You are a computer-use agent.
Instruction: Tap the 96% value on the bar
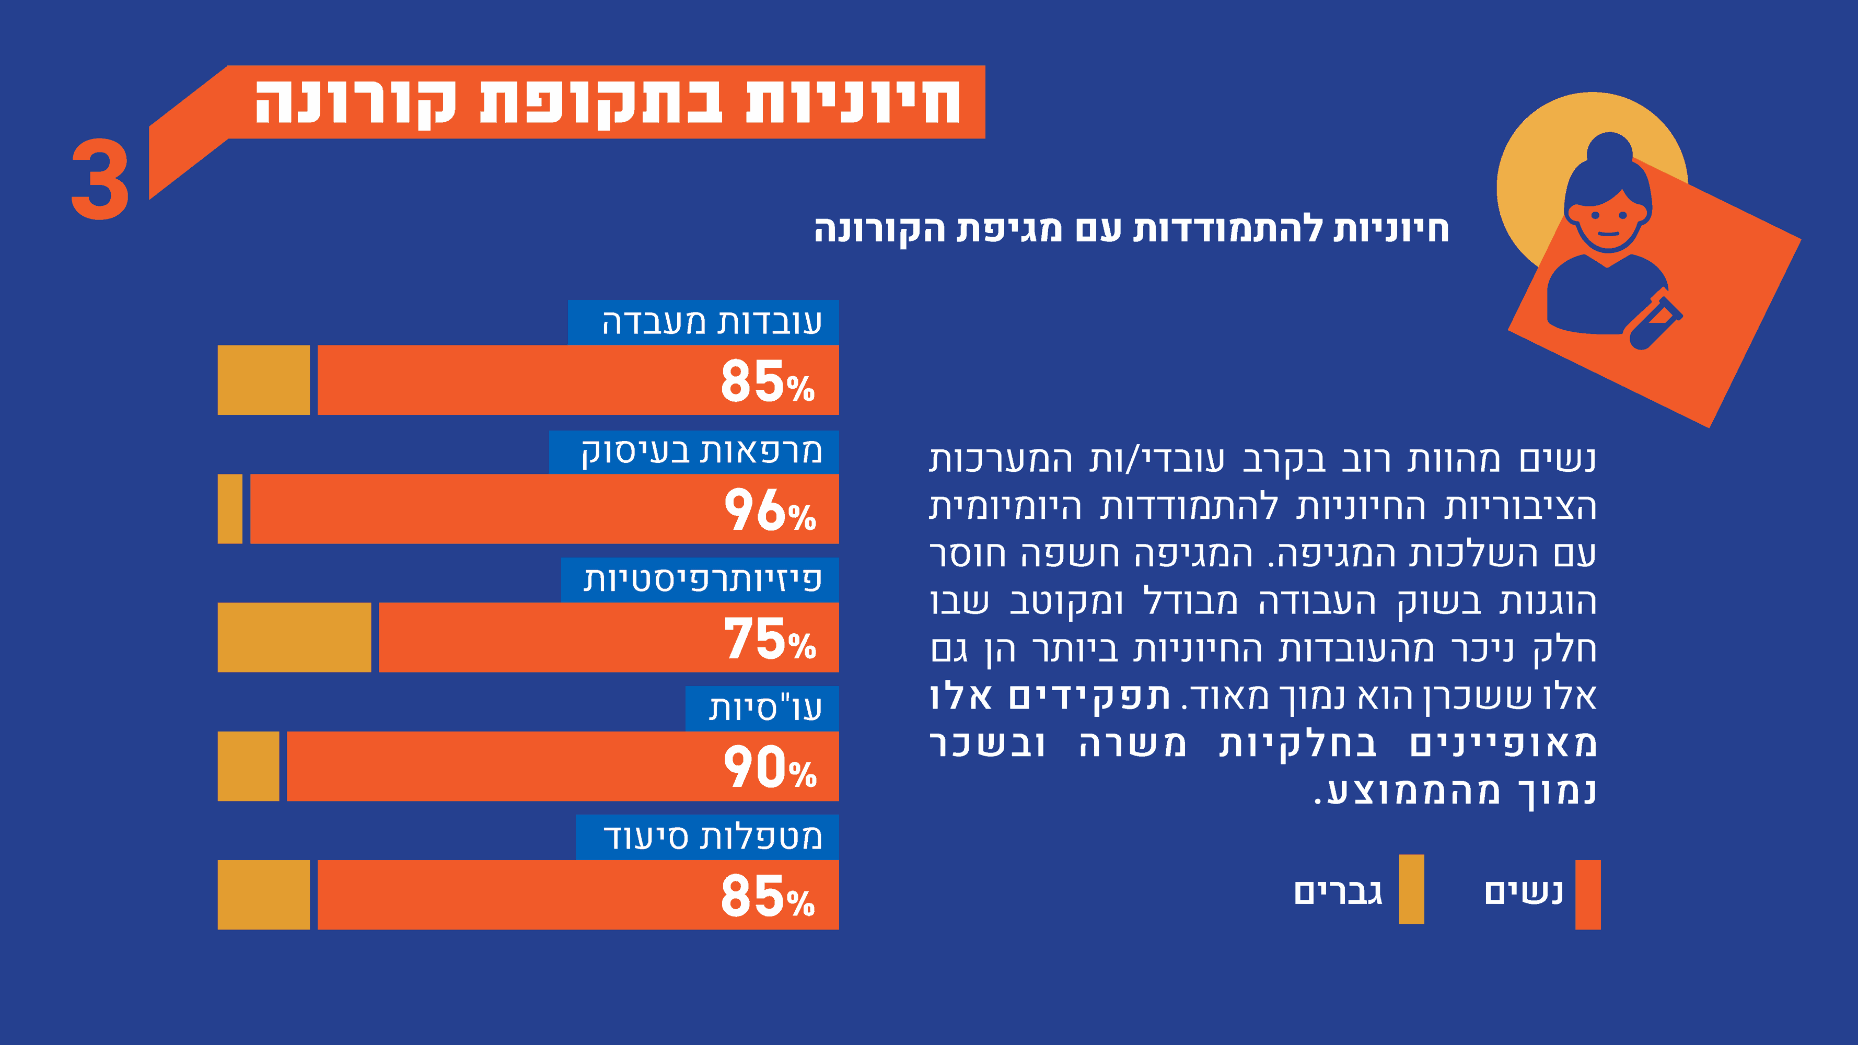click(x=770, y=510)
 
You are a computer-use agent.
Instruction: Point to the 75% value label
click(x=770, y=639)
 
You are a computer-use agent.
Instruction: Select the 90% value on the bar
click(x=770, y=768)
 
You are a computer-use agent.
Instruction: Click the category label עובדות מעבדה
click(x=711, y=322)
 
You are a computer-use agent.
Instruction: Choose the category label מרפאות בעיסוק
click(x=701, y=452)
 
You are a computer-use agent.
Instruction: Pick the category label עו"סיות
click(x=764, y=708)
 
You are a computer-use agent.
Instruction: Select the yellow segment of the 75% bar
click(x=294, y=637)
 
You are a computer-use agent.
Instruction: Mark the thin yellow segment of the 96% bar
click(x=230, y=508)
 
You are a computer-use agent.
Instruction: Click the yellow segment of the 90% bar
click(x=248, y=766)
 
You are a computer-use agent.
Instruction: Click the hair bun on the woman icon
click(x=1609, y=150)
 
